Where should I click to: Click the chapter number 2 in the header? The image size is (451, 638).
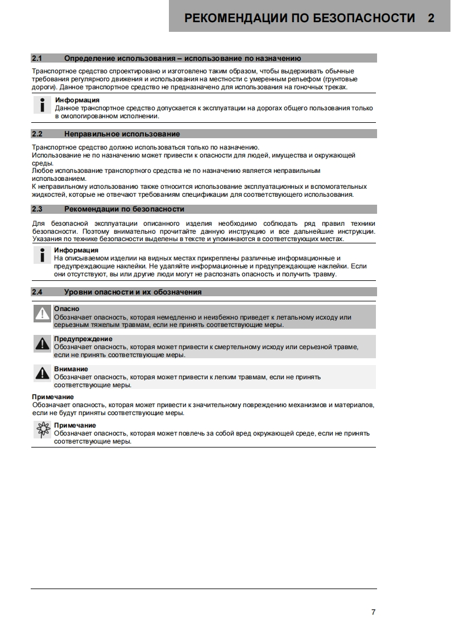pos(431,18)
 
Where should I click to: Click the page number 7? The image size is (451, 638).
pos(373,612)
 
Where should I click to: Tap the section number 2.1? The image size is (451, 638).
pos(38,58)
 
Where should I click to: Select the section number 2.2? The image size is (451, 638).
pos(38,134)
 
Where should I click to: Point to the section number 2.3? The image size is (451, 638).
pos(38,209)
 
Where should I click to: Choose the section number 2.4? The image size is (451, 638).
pos(38,292)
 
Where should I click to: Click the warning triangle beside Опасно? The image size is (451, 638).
pos(42,314)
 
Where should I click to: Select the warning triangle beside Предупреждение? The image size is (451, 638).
pos(42,343)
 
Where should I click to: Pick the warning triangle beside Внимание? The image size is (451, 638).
pos(42,373)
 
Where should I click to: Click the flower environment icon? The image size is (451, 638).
pos(42,430)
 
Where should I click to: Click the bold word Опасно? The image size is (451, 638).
pos(67,309)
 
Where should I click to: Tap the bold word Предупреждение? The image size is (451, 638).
pos(83,339)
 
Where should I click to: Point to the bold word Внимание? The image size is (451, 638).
pos(71,369)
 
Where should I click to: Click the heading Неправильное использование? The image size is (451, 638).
pos(122,134)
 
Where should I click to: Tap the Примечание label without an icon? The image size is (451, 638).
pos(53,397)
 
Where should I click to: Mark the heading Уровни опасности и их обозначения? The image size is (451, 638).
pos(133,292)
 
